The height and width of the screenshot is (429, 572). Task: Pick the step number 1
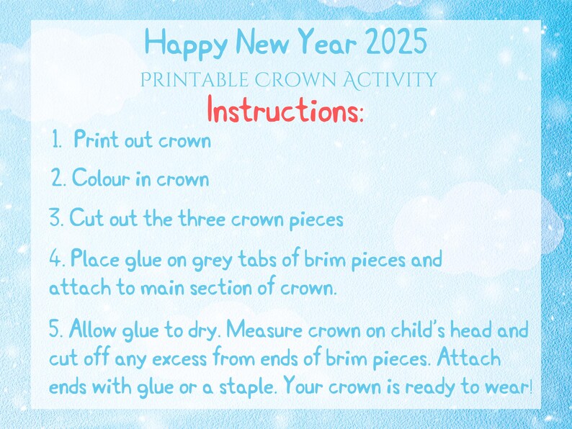(57, 140)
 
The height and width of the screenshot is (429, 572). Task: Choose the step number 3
(56, 219)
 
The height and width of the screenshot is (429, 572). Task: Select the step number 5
(57, 331)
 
